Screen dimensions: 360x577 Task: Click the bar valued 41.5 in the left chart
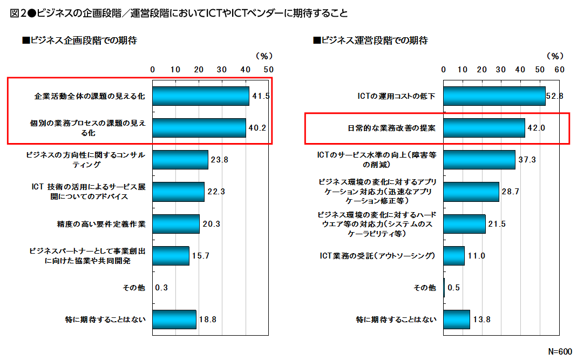(x=200, y=96)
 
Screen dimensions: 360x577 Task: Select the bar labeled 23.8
(x=180, y=160)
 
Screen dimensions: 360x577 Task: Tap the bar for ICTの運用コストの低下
(x=494, y=96)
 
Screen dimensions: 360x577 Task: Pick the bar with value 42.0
(x=484, y=128)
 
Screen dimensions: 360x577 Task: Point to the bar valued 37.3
(x=479, y=160)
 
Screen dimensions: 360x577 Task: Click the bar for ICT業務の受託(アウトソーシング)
(x=454, y=255)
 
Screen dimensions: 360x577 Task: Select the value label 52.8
(x=555, y=96)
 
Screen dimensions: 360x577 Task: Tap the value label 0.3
(x=161, y=288)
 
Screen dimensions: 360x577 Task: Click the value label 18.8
(x=207, y=320)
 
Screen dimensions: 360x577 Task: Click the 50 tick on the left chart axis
(x=268, y=69)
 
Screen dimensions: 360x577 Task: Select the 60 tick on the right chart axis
(x=559, y=69)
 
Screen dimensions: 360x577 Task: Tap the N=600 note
(x=560, y=351)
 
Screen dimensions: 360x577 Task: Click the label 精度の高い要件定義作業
(x=101, y=224)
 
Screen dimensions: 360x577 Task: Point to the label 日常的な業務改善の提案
(x=391, y=128)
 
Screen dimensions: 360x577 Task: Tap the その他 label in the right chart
(x=425, y=288)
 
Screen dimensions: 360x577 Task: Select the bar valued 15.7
(x=171, y=255)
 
